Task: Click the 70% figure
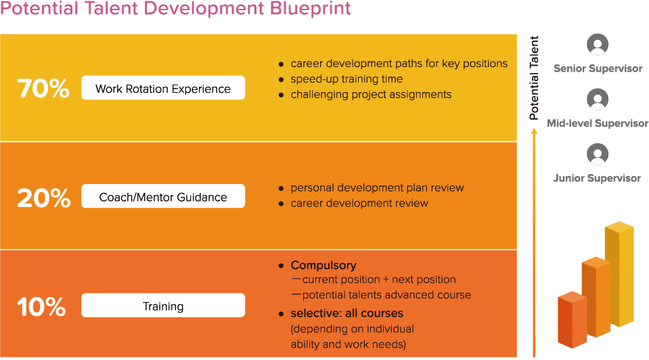43,88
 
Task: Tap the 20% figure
43,198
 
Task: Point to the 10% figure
41,307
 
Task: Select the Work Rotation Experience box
163,88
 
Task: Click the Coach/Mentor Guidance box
163,196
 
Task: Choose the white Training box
163,305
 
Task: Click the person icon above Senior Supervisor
598,44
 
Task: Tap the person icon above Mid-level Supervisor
598,99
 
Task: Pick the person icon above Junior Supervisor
598,154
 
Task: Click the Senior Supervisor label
598,69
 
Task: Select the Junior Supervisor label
598,179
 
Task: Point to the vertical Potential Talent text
534,78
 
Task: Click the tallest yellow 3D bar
620,274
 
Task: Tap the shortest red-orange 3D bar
573,320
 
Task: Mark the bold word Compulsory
323,265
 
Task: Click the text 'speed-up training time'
346,79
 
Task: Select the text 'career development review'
359,203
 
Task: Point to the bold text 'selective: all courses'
347,313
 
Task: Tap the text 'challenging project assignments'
371,95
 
